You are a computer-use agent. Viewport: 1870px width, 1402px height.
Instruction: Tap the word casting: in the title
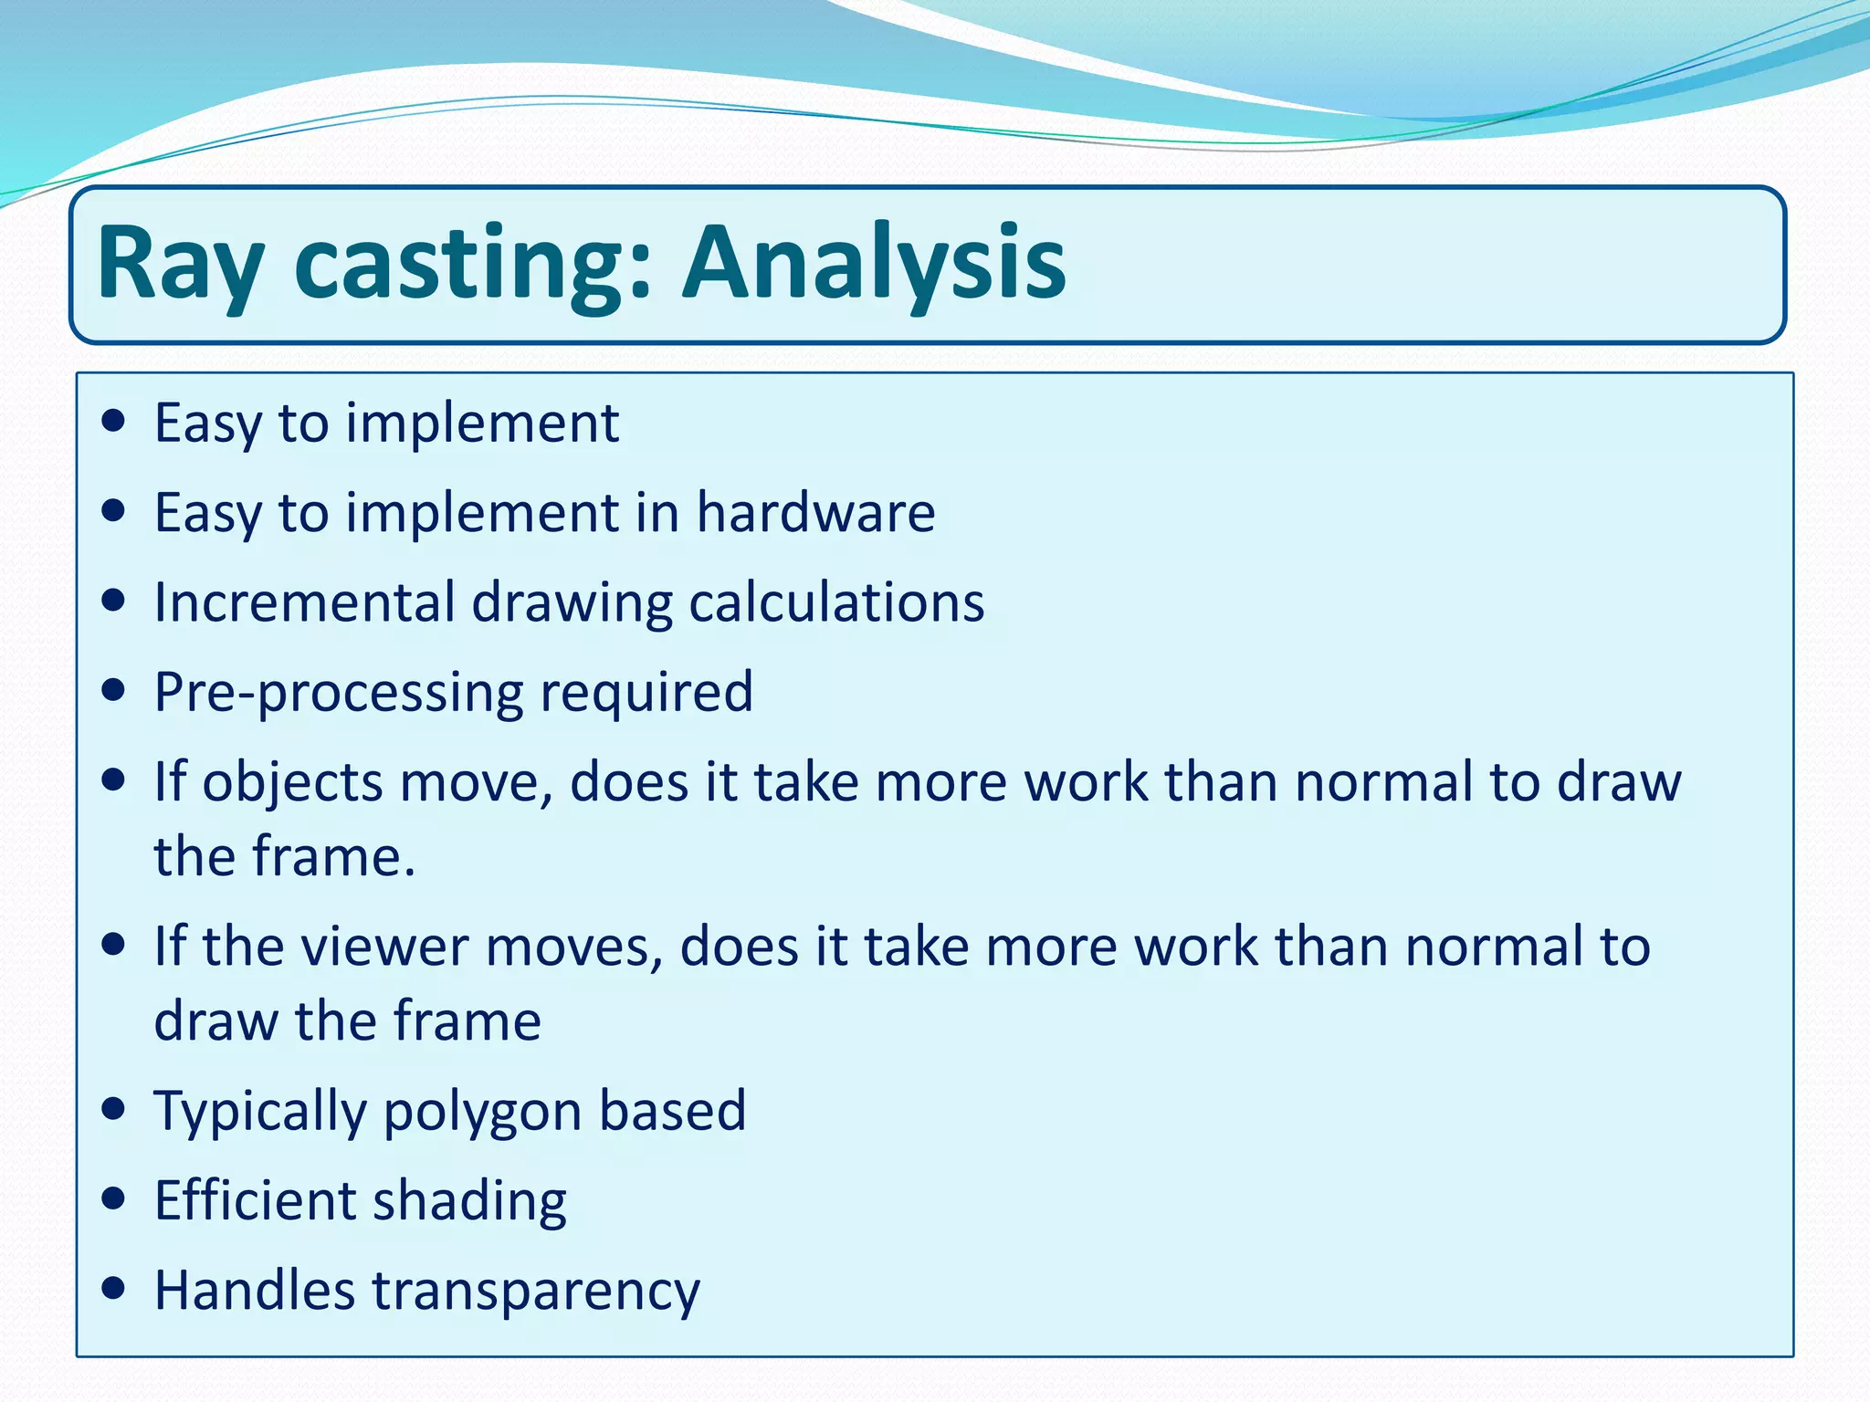[473, 265]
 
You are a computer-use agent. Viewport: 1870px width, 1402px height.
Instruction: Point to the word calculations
[836, 602]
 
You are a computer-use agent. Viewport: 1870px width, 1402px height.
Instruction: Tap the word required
[646, 693]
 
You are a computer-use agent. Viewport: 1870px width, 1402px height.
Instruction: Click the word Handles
[254, 1290]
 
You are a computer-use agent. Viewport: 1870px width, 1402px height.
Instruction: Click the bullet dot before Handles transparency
[113, 1288]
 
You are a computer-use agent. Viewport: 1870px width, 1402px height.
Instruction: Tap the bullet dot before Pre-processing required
[113, 691]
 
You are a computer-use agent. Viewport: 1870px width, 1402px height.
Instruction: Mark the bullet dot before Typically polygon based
[113, 1109]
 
